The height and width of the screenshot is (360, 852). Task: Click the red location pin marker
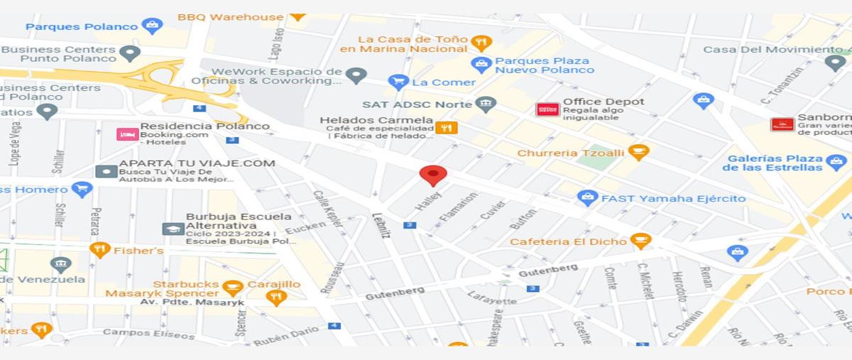[x=433, y=175]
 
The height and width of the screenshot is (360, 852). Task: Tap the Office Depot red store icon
[x=547, y=109]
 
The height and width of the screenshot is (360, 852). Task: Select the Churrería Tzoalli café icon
[x=639, y=152]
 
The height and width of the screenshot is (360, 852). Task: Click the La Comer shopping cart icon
[x=399, y=82]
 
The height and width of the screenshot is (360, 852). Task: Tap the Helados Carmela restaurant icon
[x=447, y=128]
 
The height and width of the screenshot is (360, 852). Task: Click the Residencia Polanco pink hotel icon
[x=127, y=133]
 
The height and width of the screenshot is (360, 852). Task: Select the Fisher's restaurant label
[x=138, y=250]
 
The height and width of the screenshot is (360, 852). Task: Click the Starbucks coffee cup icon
[x=232, y=288]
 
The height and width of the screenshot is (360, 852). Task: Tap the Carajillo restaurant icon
[x=277, y=298]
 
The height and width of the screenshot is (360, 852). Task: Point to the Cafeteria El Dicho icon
[x=640, y=241]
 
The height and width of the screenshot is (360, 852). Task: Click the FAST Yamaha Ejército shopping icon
[x=587, y=198]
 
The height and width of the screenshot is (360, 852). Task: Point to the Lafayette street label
[x=492, y=297]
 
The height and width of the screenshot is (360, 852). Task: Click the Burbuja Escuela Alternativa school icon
[x=173, y=229]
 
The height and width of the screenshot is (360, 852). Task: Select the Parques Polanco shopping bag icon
[x=152, y=26]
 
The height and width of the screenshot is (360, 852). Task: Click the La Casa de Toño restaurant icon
[x=481, y=43]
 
